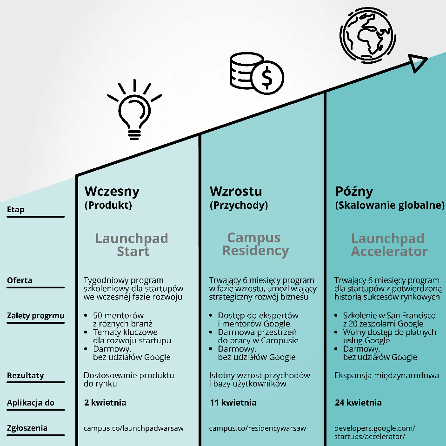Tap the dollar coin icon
pos(267,78)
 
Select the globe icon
pos(367,35)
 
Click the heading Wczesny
pos(112,191)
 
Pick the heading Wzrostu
pos(236,191)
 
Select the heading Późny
pos(354,191)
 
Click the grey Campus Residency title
pos(255,244)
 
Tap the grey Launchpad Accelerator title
pos(389,245)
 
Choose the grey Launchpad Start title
pos(132,245)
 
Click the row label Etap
pos(16,209)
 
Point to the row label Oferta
pos(20,280)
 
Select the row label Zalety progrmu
pos(35,316)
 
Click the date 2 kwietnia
pos(105,402)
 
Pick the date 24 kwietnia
pos(358,402)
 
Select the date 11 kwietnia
pos(233,402)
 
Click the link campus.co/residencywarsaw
pos(257,428)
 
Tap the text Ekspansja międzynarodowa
pos(386,375)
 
